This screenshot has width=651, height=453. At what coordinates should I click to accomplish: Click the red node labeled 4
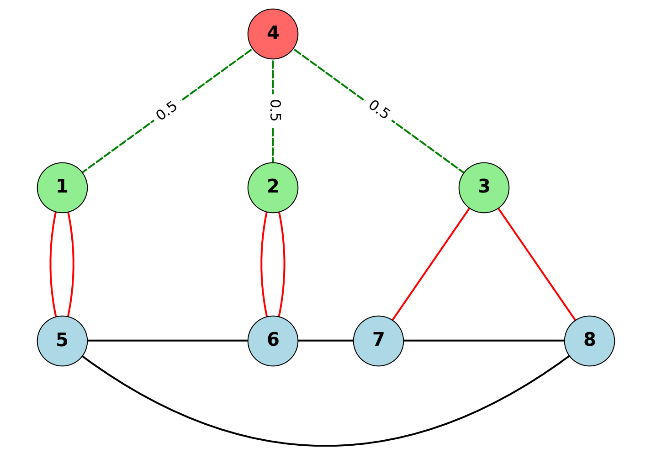click(273, 34)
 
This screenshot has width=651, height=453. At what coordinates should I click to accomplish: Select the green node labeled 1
click(62, 187)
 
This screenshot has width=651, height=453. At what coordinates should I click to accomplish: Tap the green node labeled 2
click(273, 187)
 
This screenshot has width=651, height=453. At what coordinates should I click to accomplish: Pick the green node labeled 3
click(484, 187)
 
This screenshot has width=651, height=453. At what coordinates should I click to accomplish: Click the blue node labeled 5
click(62, 341)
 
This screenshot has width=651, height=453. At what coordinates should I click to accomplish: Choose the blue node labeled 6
click(273, 341)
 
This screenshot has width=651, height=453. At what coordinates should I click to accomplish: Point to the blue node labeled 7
click(378, 341)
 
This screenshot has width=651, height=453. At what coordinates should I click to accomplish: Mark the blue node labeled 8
click(589, 341)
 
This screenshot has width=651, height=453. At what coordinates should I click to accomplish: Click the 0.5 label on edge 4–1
click(166, 110)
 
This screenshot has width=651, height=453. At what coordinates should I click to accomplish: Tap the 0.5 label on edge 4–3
click(379, 110)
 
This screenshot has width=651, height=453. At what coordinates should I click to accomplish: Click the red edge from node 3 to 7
click(431, 264)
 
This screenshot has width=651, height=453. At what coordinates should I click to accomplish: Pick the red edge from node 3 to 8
click(536, 264)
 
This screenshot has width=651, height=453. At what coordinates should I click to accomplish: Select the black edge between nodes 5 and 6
click(167, 341)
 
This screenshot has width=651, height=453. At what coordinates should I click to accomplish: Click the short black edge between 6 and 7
click(325, 341)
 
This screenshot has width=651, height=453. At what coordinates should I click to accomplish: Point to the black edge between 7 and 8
click(484, 341)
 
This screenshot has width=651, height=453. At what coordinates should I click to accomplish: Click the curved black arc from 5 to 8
click(326, 445)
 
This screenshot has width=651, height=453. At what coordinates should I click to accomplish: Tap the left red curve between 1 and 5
click(51, 264)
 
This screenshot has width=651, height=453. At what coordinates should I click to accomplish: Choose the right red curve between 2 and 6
click(284, 264)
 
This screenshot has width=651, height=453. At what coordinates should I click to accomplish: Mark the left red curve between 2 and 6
click(262, 264)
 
